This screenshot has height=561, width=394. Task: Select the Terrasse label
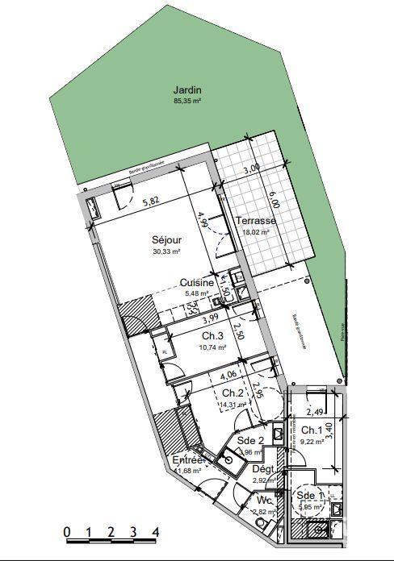tap(256, 221)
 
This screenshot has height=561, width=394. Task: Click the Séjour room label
tap(166, 240)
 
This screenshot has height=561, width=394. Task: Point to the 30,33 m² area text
tap(166, 251)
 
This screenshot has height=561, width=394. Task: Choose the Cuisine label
tap(196, 283)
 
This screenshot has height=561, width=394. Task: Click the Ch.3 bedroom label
tap(212, 336)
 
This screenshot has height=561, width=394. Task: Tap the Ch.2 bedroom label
tap(233, 393)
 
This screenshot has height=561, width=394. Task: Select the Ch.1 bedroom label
tap(312, 430)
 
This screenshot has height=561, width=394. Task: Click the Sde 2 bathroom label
tap(250, 441)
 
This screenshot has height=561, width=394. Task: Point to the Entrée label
tap(188, 460)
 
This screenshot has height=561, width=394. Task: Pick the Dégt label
tap(263, 468)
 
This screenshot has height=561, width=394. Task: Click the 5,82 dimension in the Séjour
tap(151, 202)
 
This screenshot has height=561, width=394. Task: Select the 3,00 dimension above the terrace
tap(252, 169)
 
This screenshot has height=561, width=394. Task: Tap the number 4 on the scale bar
tap(155, 533)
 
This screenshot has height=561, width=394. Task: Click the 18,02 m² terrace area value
tap(256, 232)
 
